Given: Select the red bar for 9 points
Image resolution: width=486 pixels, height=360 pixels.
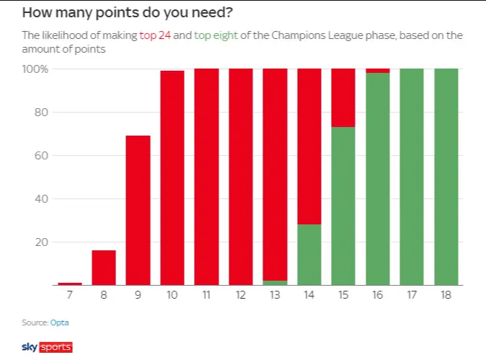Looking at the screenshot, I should [x=138, y=210].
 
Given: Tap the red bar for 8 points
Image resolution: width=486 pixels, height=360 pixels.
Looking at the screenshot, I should [x=103, y=267].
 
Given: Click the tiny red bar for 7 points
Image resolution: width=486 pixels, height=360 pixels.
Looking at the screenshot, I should [x=69, y=284].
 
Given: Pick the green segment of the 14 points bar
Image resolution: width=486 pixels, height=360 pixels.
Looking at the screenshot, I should [x=309, y=255].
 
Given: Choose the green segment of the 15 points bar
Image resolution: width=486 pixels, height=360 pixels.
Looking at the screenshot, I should [x=343, y=206].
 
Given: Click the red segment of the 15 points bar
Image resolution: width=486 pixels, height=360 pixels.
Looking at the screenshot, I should [x=343, y=98].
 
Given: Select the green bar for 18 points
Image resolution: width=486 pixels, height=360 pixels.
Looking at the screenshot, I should [x=446, y=177].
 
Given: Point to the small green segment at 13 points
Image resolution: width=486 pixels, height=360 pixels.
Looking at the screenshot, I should [x=275, y=282].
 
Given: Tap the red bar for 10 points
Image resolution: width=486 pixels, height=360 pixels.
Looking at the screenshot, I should [x=172, y=177].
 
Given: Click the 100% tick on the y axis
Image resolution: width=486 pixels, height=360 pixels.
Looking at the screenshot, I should [x=35, y=69].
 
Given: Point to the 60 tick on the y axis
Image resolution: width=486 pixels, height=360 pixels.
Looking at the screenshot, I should [x=41, y=156].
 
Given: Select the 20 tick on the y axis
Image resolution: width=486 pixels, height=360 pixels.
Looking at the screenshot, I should [x=41, y=242].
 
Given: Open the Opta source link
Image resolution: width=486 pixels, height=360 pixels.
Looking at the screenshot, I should [x=59, y=322].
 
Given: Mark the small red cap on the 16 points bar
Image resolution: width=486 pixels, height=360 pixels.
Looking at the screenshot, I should [x=378, y=71].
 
